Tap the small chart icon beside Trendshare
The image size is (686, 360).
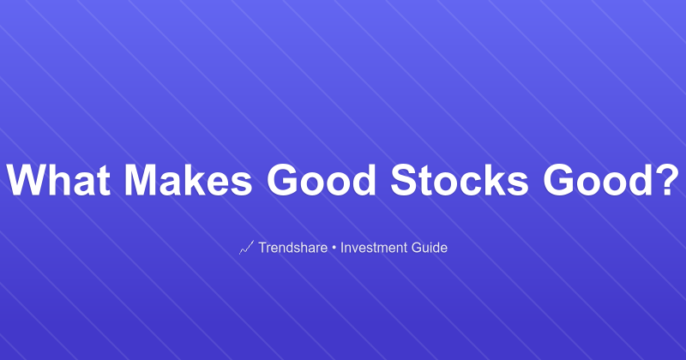pyautogui.click(x=245, y=248)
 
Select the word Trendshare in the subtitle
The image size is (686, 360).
pyautogui.click(x=292, y=248)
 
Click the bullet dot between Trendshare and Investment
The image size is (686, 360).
pyautogui.click(x=334, y=248)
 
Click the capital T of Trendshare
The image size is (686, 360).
pyautogui.click(x=262, y=248)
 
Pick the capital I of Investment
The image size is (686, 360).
pyautogui.click(x=342, y=248)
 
